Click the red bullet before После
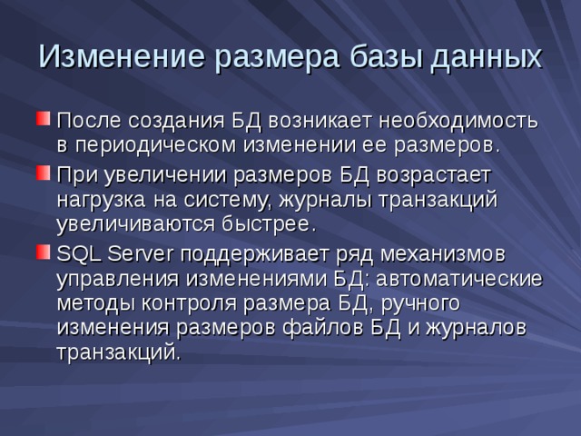pyautogui.click(x=44, y=119)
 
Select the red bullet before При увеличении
pyautogui.click(x=44, y=171)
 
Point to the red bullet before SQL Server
pyautogui.click(x=44, y=249)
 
